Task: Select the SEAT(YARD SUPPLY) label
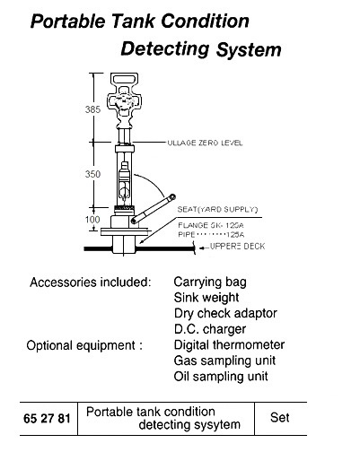tap(211, 208)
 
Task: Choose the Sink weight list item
tap(206, 297)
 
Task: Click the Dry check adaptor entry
tap(224, 313)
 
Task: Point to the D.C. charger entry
tap(206, 328)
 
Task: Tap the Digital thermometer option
tap(228, 344)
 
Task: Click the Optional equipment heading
tap(84, 344)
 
